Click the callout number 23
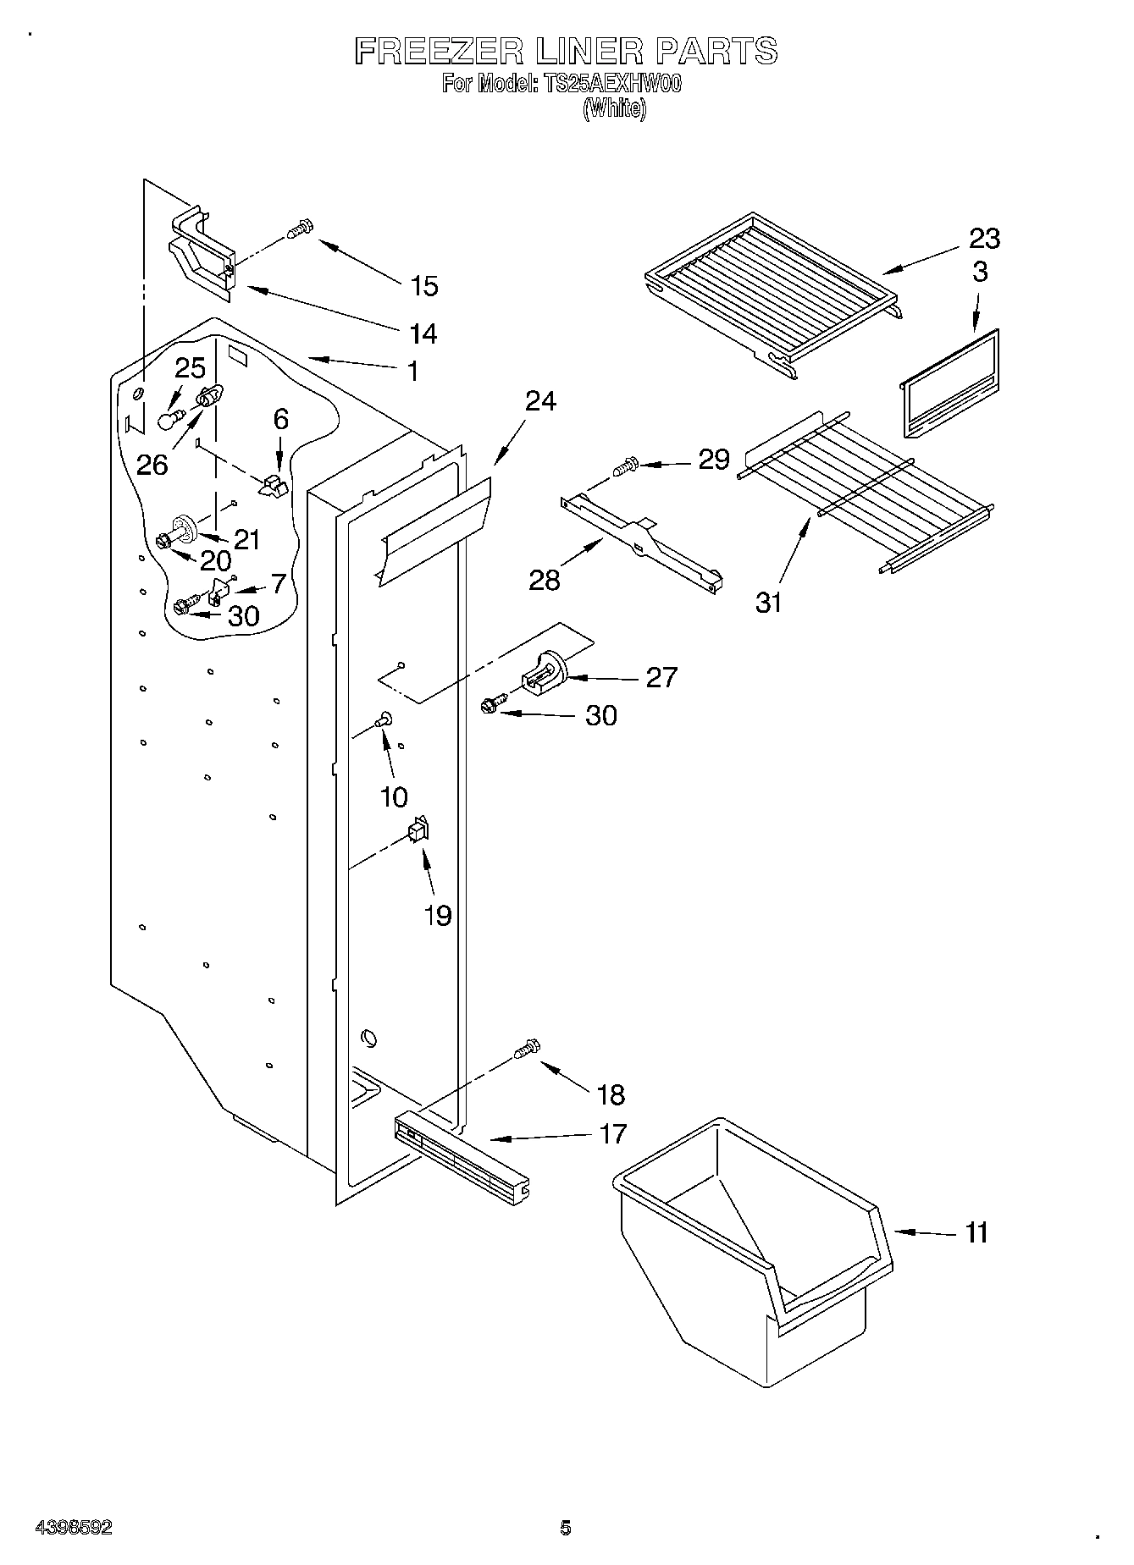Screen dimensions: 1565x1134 pyautogui.click(x=984, y=239)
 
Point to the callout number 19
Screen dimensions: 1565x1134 pyautogui.click(x=438, y=915)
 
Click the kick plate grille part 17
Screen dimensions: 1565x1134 pyautogui.click(x=462, y=1157)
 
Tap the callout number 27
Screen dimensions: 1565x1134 pyautogui.click(x=661, y=677)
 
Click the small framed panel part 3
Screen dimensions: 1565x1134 pyautogui.click(x=949, y=384)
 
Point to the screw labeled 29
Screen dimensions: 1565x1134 pyautogui.click(x=624, y=466)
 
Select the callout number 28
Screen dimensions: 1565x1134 pyautogui.click(x=545, y=580)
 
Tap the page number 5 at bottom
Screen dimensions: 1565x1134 pyautogui.click(x=565, y=1528)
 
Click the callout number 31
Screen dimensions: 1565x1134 pyautogui.click(x=768, y=603)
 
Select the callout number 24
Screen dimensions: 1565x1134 pyautogui.click(x=540, y=400)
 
